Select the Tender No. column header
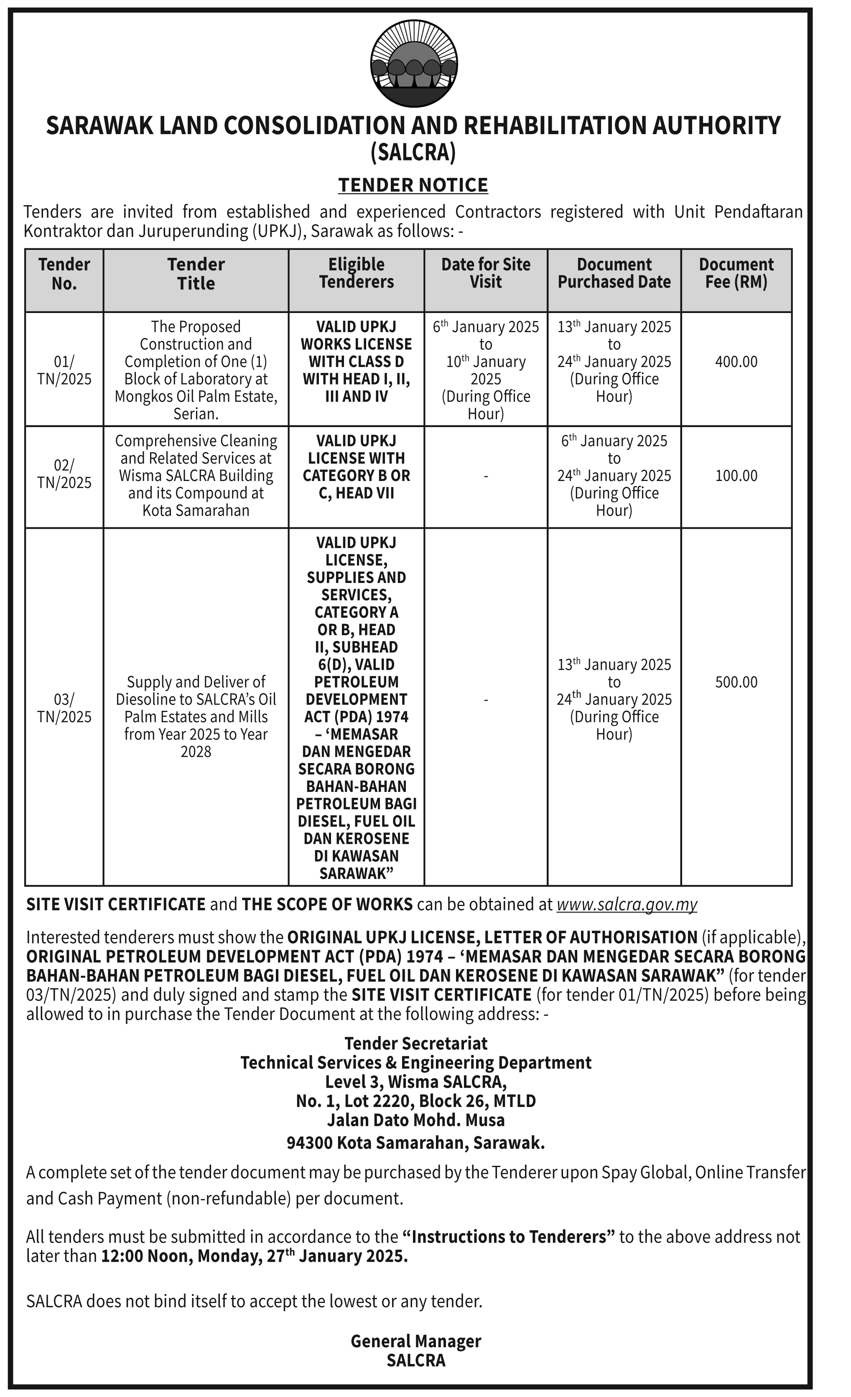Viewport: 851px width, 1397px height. tap(64, 274)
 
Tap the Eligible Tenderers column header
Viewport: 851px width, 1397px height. tap(356, 273)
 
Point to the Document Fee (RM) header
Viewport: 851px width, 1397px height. tap(736, 273)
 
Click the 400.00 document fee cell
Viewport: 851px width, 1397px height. tap(736, 362)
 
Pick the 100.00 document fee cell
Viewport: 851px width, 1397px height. tap(736, 476)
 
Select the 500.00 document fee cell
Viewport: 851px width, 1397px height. tap(736, 682)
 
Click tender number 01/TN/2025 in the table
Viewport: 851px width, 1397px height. tap(64, 370)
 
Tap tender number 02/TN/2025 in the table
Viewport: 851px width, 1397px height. tap(64, 474)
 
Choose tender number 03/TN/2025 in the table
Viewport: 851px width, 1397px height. tap(64, 708)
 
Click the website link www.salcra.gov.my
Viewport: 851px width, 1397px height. tap(627, 904)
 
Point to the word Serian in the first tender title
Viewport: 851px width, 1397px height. tap(195, 414)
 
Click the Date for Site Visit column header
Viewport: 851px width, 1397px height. tap(486, 273)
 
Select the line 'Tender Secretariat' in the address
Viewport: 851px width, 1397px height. tap(415, 1043)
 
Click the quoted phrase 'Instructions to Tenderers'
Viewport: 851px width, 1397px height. tap(509, 1237)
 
